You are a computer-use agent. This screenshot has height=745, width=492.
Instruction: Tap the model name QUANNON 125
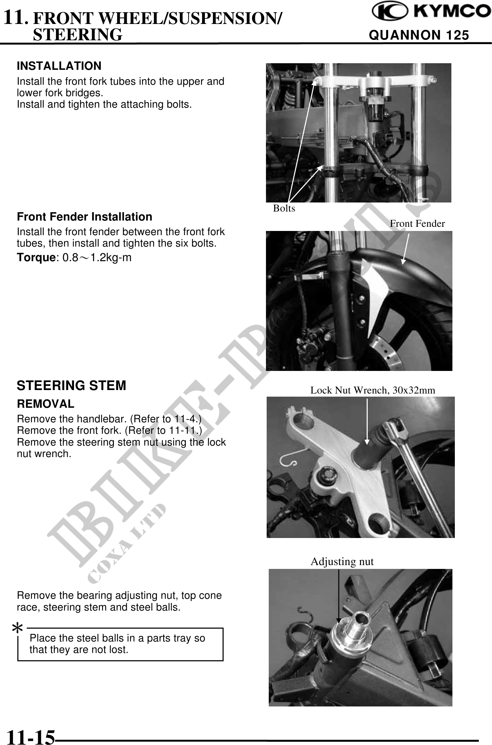click(419, 35)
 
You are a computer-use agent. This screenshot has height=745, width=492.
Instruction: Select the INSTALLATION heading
click(59, 66)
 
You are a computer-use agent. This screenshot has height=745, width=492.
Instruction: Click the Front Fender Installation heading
click(85, 216)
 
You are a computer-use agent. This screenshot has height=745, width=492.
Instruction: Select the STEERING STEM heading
click(72, 386)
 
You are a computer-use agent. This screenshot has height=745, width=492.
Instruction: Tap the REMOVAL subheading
click(45, 404)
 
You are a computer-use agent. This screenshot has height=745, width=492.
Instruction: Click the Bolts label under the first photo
click(284, 208)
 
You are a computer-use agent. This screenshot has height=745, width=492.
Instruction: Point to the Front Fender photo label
click(417, 224)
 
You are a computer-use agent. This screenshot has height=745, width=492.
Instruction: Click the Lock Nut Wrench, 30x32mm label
click(373, 390)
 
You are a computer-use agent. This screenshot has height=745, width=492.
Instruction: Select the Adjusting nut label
click(342, 562)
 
